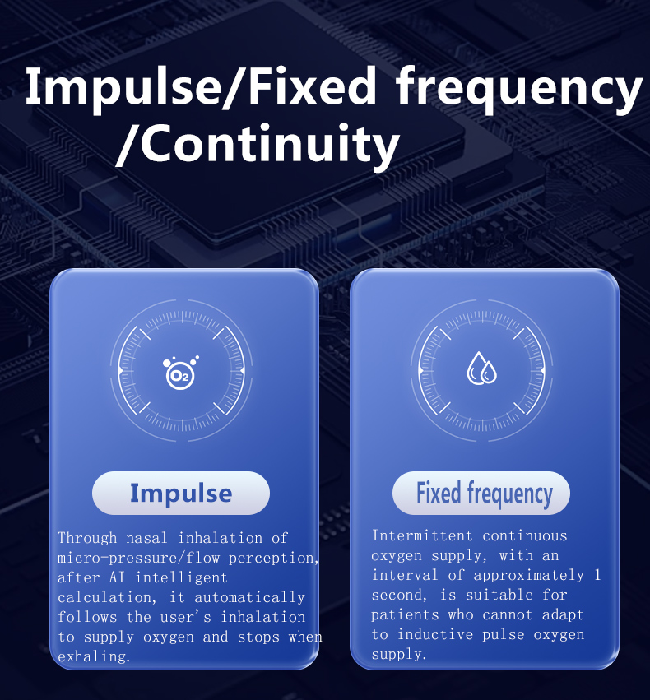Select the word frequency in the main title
pyautogui.click(x=518, y=90)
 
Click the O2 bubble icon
pyautogui.click(x=180, y=373)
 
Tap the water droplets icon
pyautogui.click(x=481, y=369)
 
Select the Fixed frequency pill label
pyautogui.click(x=481, y=493)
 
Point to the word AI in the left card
pyautogui.click(x=117, y=577)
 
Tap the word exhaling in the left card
pyautogui.click(x=94, y=656)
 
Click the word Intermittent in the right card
pyautogui.click(x=422, y=535)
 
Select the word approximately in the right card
pyautogui.click(x=528, y=576)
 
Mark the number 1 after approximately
pyautogui.click(x=597, y=575)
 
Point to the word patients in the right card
pyautogui.click(x=405, y=614)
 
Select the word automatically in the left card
pyautogui.click(x=249, y=597)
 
